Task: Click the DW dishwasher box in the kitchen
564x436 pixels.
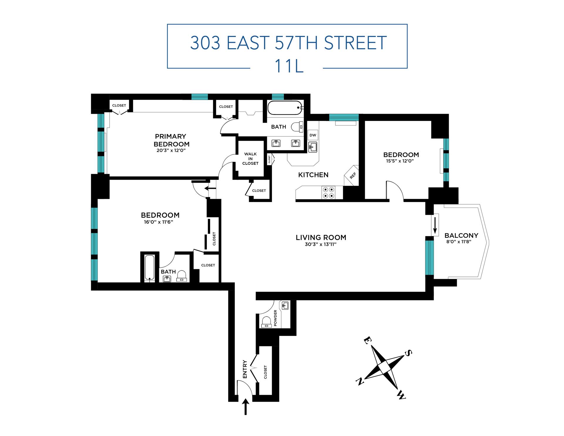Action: [x=313, y=135]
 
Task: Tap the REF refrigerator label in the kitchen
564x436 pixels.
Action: [x=352, y=175]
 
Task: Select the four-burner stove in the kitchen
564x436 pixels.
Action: [x=328, y=193]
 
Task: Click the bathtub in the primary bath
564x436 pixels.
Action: [x=285, y=108]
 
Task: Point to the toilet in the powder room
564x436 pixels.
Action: [x=266, y=322]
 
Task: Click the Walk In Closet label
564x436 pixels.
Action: [x=250, y=159]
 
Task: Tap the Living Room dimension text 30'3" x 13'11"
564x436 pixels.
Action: [x=320, y=244]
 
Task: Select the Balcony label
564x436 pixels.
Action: [x=461, y=235]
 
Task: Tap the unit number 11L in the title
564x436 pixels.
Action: [x=288, y=66]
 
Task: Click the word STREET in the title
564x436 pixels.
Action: [x=355, y=43]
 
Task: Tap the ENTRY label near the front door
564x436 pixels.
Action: [x=245, y=369]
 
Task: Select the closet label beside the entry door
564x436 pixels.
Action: [x=266, y=372]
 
